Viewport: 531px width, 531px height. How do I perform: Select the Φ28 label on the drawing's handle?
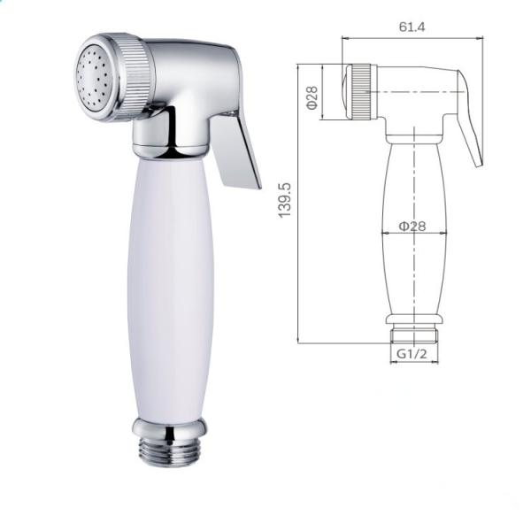pyautogui.click(x=412, y=226)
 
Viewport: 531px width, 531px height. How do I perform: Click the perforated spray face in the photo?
pyautogui.click(x=94, y=77)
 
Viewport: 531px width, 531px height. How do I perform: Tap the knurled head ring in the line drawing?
pyautogui.click(x=361, y=92)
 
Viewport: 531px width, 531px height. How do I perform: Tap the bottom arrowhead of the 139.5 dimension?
pyautogui.click(x=301, y=341)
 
